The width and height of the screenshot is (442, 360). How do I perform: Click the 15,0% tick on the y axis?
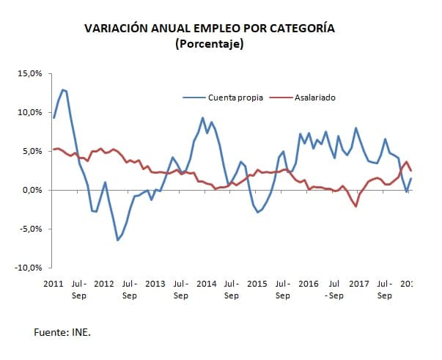coord(30,74)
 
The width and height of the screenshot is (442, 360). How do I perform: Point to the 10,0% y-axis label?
coord(30,113)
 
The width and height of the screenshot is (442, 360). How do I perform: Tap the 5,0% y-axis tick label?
coord(32,152)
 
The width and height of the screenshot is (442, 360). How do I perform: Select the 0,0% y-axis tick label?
coord(32,191)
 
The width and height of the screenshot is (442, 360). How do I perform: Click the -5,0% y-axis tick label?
coord(31,229)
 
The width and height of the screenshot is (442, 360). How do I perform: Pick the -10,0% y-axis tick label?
coord(29,268)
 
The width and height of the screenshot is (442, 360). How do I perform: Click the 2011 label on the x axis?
coord(54,283)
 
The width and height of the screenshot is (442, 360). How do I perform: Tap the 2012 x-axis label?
coord(104,283)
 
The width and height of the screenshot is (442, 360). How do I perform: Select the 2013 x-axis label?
coord(155,283)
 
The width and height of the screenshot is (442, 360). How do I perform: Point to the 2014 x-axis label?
coord(206,283)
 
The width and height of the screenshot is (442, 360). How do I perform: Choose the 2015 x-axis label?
coord(257,283)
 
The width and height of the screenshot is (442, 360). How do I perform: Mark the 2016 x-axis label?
coord(308,283)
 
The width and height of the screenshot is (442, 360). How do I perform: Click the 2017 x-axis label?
coord(358,283)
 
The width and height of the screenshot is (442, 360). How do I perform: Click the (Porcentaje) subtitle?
coord(210,44)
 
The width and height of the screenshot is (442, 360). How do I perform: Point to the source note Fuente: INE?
coord(62,332)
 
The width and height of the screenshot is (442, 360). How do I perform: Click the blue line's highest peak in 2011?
coord(63,89)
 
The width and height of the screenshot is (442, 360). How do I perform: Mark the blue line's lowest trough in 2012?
coord(118,240)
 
